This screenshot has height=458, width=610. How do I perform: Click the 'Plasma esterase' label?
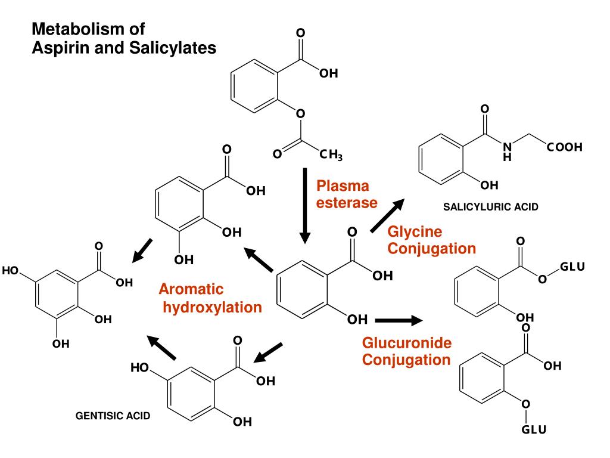click(347, 194)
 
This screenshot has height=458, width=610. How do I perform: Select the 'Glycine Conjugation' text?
click(431, 240)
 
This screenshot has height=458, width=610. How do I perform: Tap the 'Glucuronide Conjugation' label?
click(407, 352)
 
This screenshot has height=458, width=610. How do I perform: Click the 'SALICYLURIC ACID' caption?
click(490, 207)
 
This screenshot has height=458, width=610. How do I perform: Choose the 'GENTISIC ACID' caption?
click(113, 416)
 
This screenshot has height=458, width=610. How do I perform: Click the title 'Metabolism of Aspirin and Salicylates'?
click(123, 38)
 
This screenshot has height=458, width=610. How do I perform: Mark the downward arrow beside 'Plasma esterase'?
click(305, 206)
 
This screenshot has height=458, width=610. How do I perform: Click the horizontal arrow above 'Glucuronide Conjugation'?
click(398, 320)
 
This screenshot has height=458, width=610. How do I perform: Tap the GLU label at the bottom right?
click(534, 430)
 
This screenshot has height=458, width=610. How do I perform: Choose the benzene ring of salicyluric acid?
click(444, 158)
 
